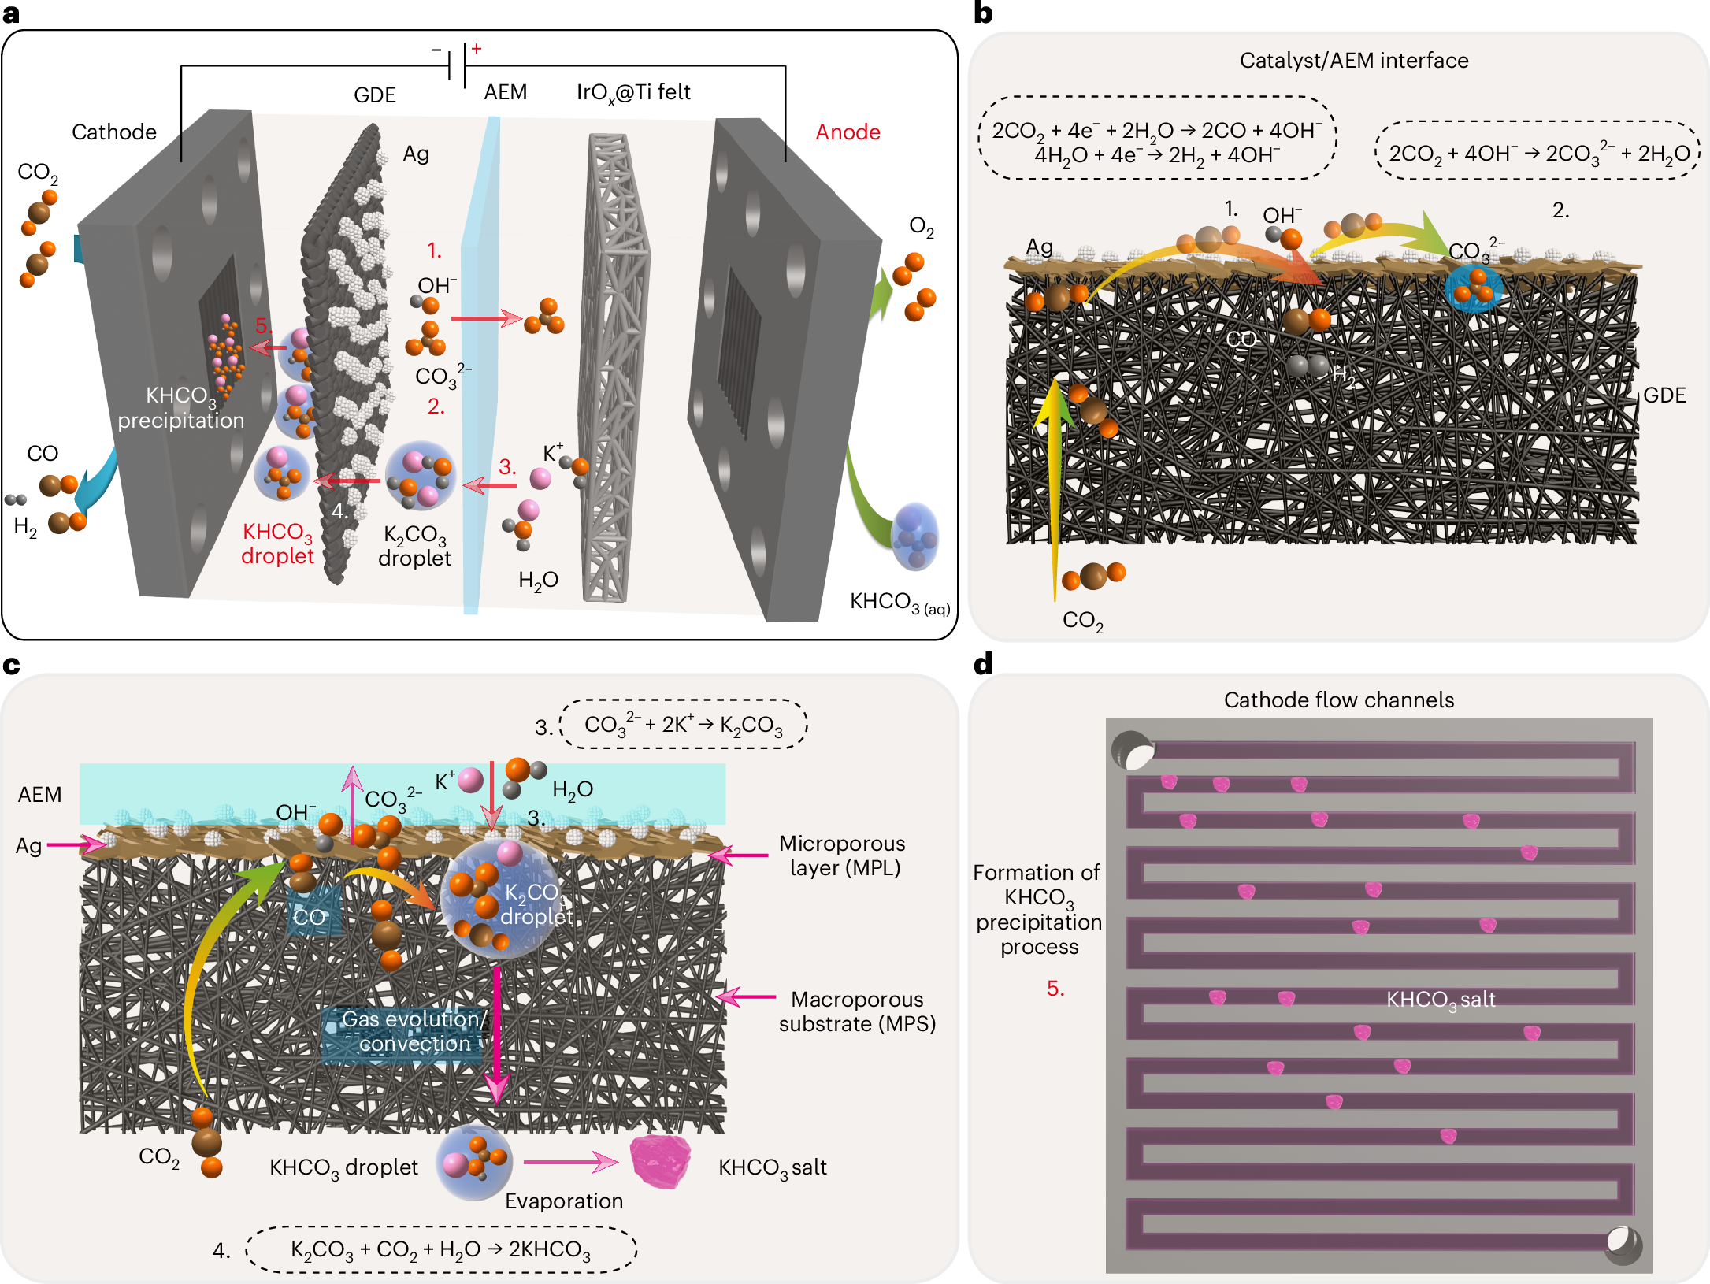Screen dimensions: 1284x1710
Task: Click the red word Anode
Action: [848, 132]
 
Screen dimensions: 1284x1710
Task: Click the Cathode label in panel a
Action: [114, 132]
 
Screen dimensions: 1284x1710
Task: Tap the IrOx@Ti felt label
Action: [633, 93]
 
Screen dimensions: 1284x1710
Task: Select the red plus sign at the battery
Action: [477, 49]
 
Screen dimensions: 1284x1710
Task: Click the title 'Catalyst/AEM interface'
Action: [1353, 61]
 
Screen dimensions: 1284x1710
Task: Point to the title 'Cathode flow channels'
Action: [1338, 700]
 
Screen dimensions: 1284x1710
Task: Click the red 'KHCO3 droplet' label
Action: [277, 544]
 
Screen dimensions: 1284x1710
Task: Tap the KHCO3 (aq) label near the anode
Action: [900, 603]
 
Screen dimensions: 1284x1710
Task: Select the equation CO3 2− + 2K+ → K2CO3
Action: [683, 725]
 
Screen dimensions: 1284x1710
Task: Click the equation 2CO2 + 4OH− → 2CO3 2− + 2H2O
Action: [1538, 153]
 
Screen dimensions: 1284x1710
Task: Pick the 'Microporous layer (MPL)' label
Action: [843, 855]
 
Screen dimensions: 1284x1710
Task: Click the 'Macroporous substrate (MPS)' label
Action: [857, 1011]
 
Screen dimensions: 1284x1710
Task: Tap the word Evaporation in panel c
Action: [564, 1201]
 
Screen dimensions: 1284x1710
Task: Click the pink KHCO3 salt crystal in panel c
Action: [660, 1161]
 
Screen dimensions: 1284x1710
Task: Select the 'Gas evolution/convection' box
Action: [414, 1031]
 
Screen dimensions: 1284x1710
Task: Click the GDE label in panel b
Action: [1664, 395]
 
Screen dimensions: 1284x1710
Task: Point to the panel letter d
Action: [983, 664]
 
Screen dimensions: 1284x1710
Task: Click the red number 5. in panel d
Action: [1055, 989]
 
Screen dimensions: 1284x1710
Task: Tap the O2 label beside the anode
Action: [921, 227]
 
